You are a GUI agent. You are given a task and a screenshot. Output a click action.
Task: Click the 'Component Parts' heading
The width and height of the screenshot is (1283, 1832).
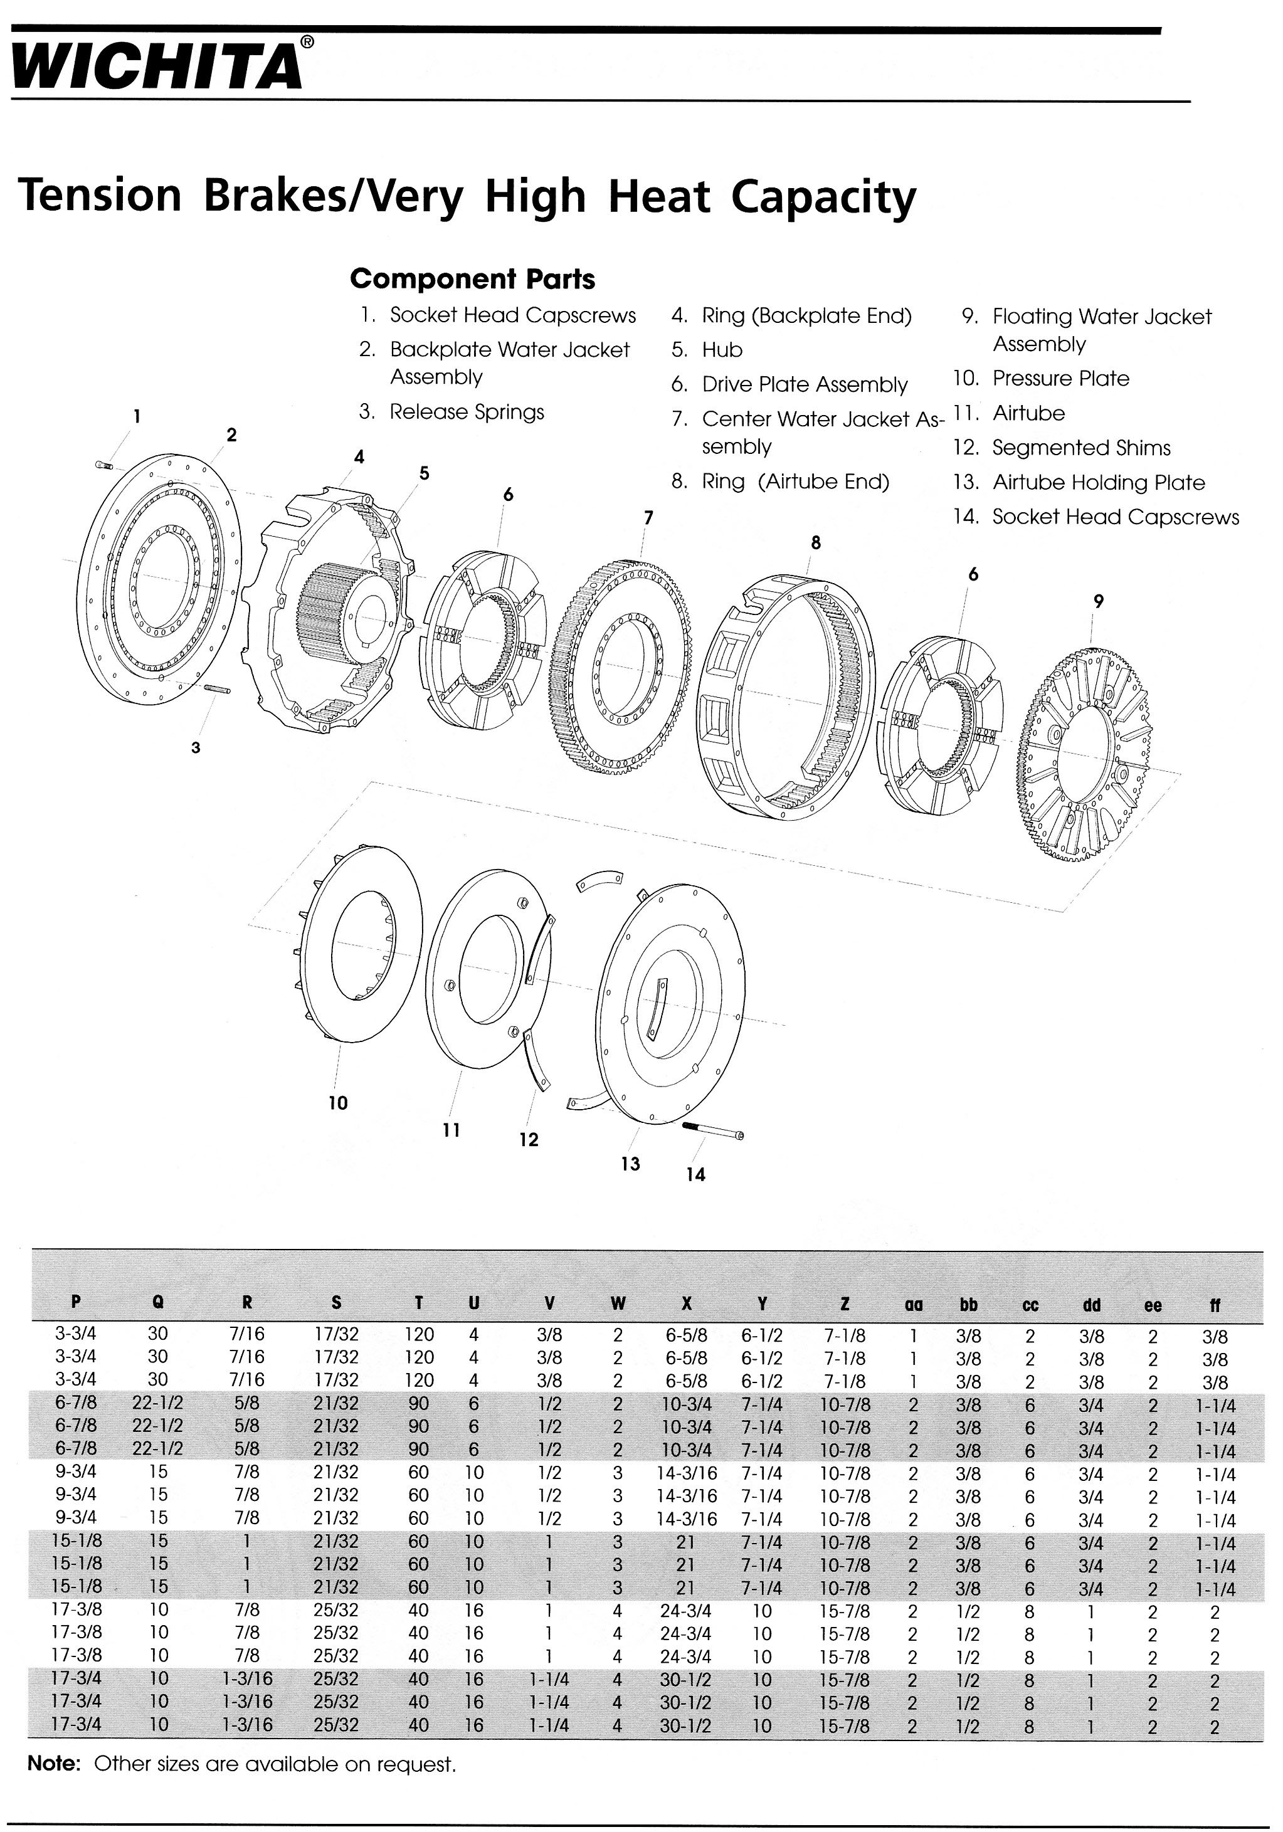coord(472,279)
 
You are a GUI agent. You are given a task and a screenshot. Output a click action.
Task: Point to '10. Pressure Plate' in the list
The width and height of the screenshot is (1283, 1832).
coord(1040,379)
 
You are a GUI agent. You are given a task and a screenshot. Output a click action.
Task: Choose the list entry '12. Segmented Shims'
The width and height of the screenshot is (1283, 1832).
coord(1061,448)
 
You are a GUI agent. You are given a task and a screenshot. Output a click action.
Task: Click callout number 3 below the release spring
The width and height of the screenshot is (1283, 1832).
coord(196,747)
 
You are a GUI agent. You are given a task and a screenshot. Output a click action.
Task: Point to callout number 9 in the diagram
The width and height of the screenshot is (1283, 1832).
coord(1099,602)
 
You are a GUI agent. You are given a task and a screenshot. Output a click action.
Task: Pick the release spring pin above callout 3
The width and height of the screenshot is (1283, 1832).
coord(218,688)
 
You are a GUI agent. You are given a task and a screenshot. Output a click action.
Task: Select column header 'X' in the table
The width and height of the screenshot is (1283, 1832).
coord(686,1304)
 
